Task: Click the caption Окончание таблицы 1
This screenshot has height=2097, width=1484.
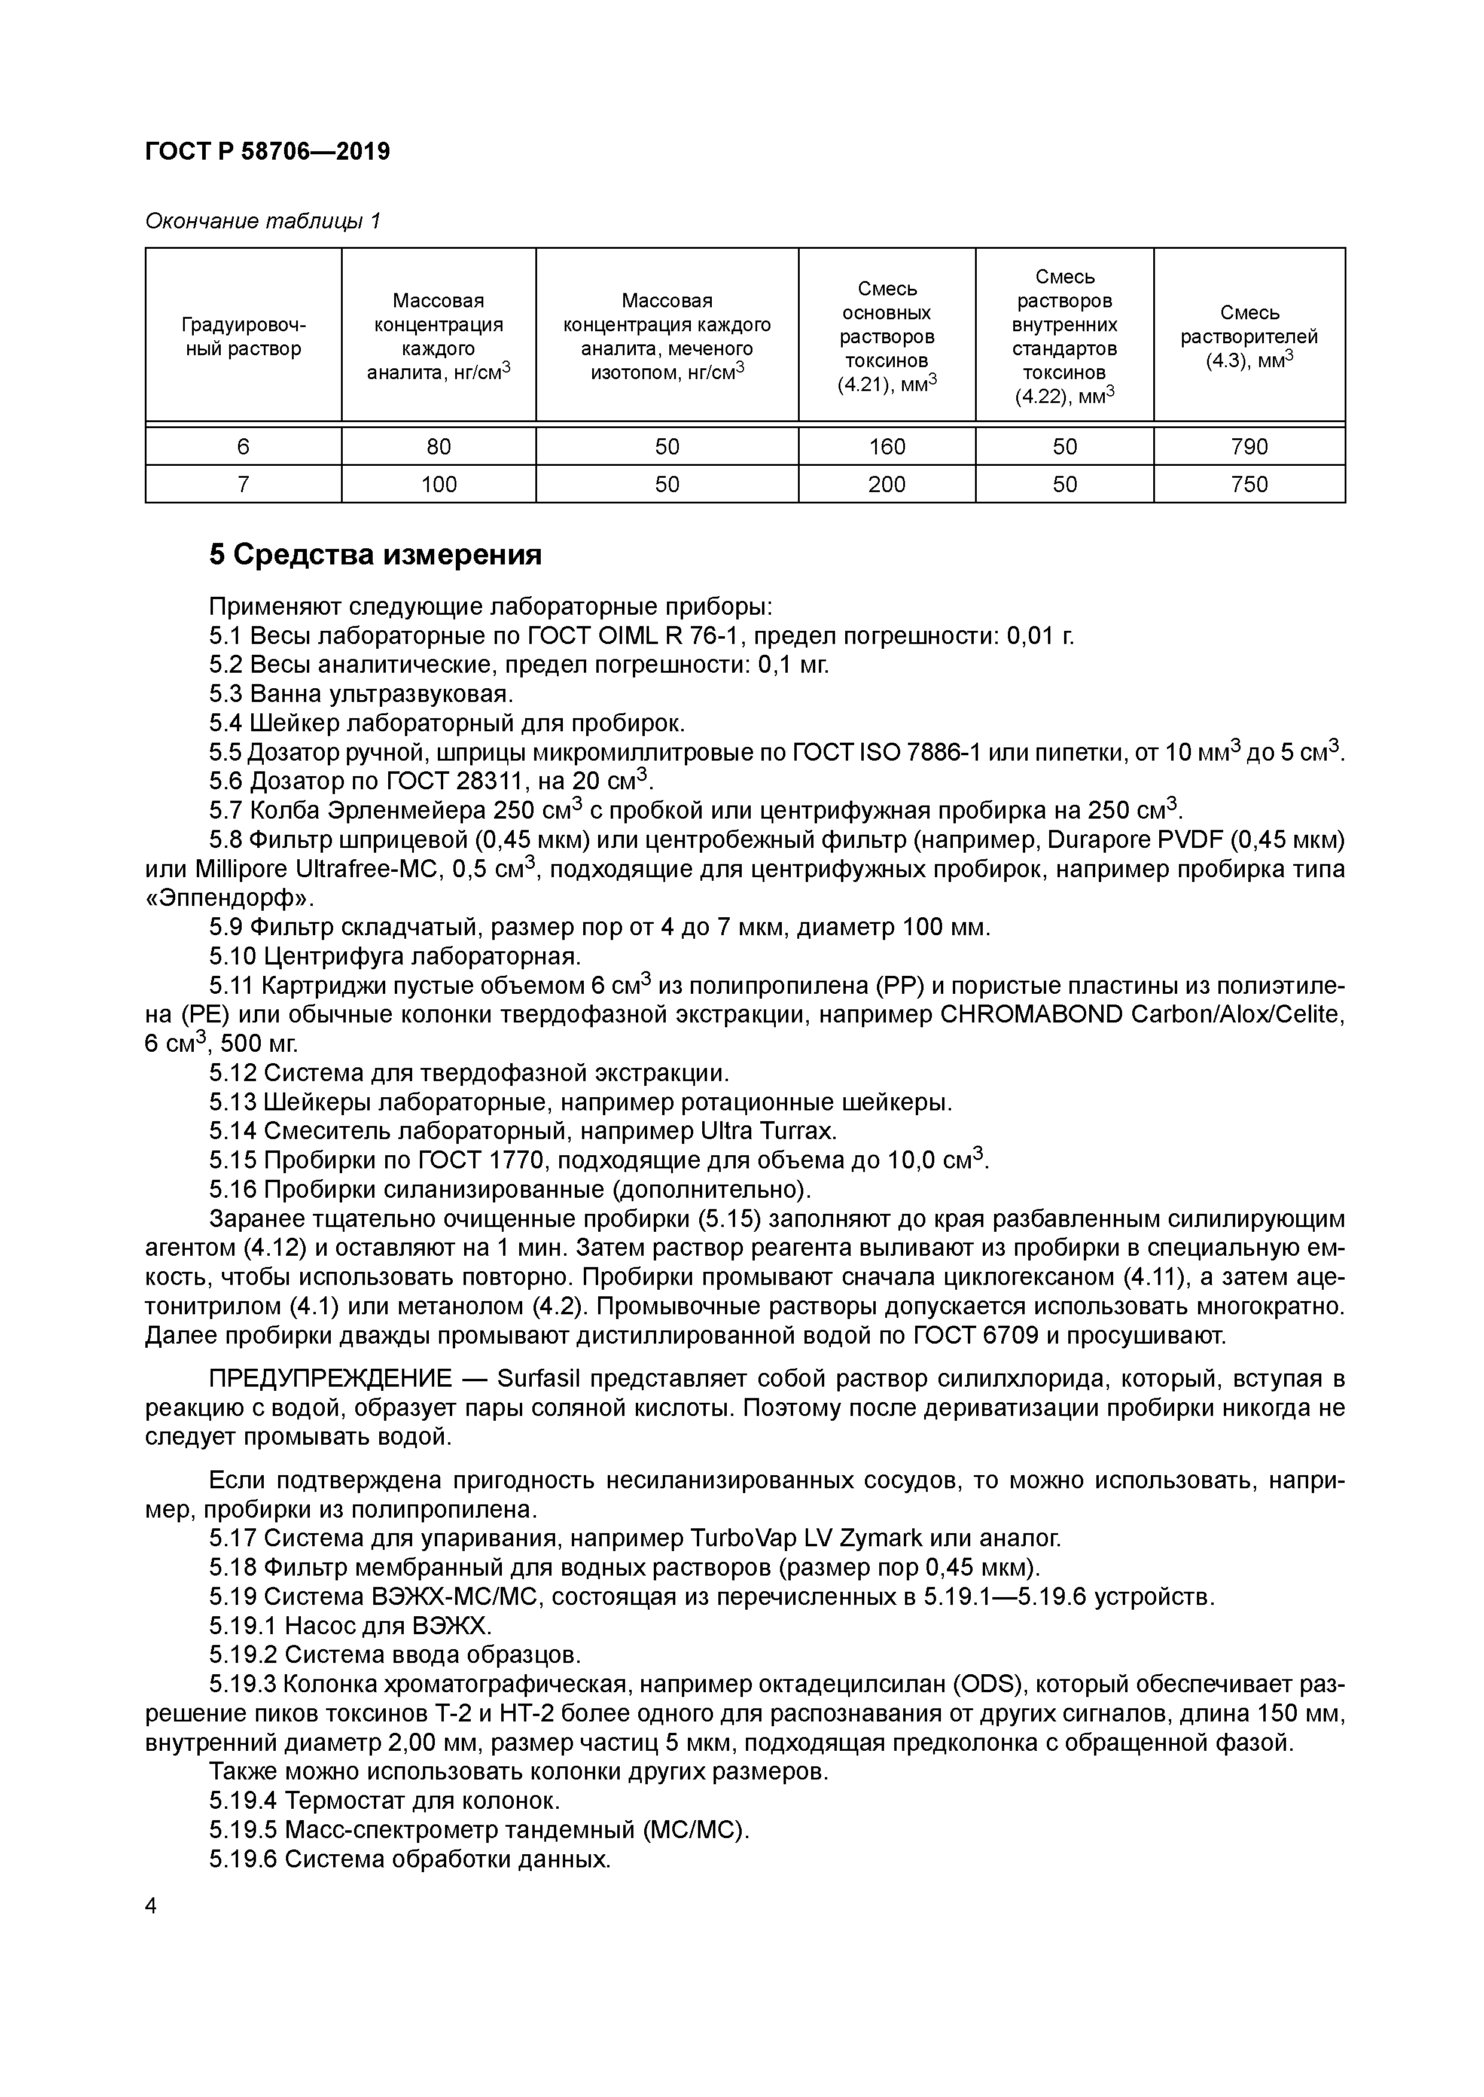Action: tap(262, 221)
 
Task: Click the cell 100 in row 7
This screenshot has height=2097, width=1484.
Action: tap(438, 484)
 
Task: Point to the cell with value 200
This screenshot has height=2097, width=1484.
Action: tap(886, 484)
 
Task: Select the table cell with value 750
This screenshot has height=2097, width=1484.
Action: tap(1248, 484)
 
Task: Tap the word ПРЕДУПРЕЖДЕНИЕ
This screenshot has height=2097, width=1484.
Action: tap(343, 1378)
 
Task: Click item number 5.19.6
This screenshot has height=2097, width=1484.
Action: tap(242, 1860)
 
